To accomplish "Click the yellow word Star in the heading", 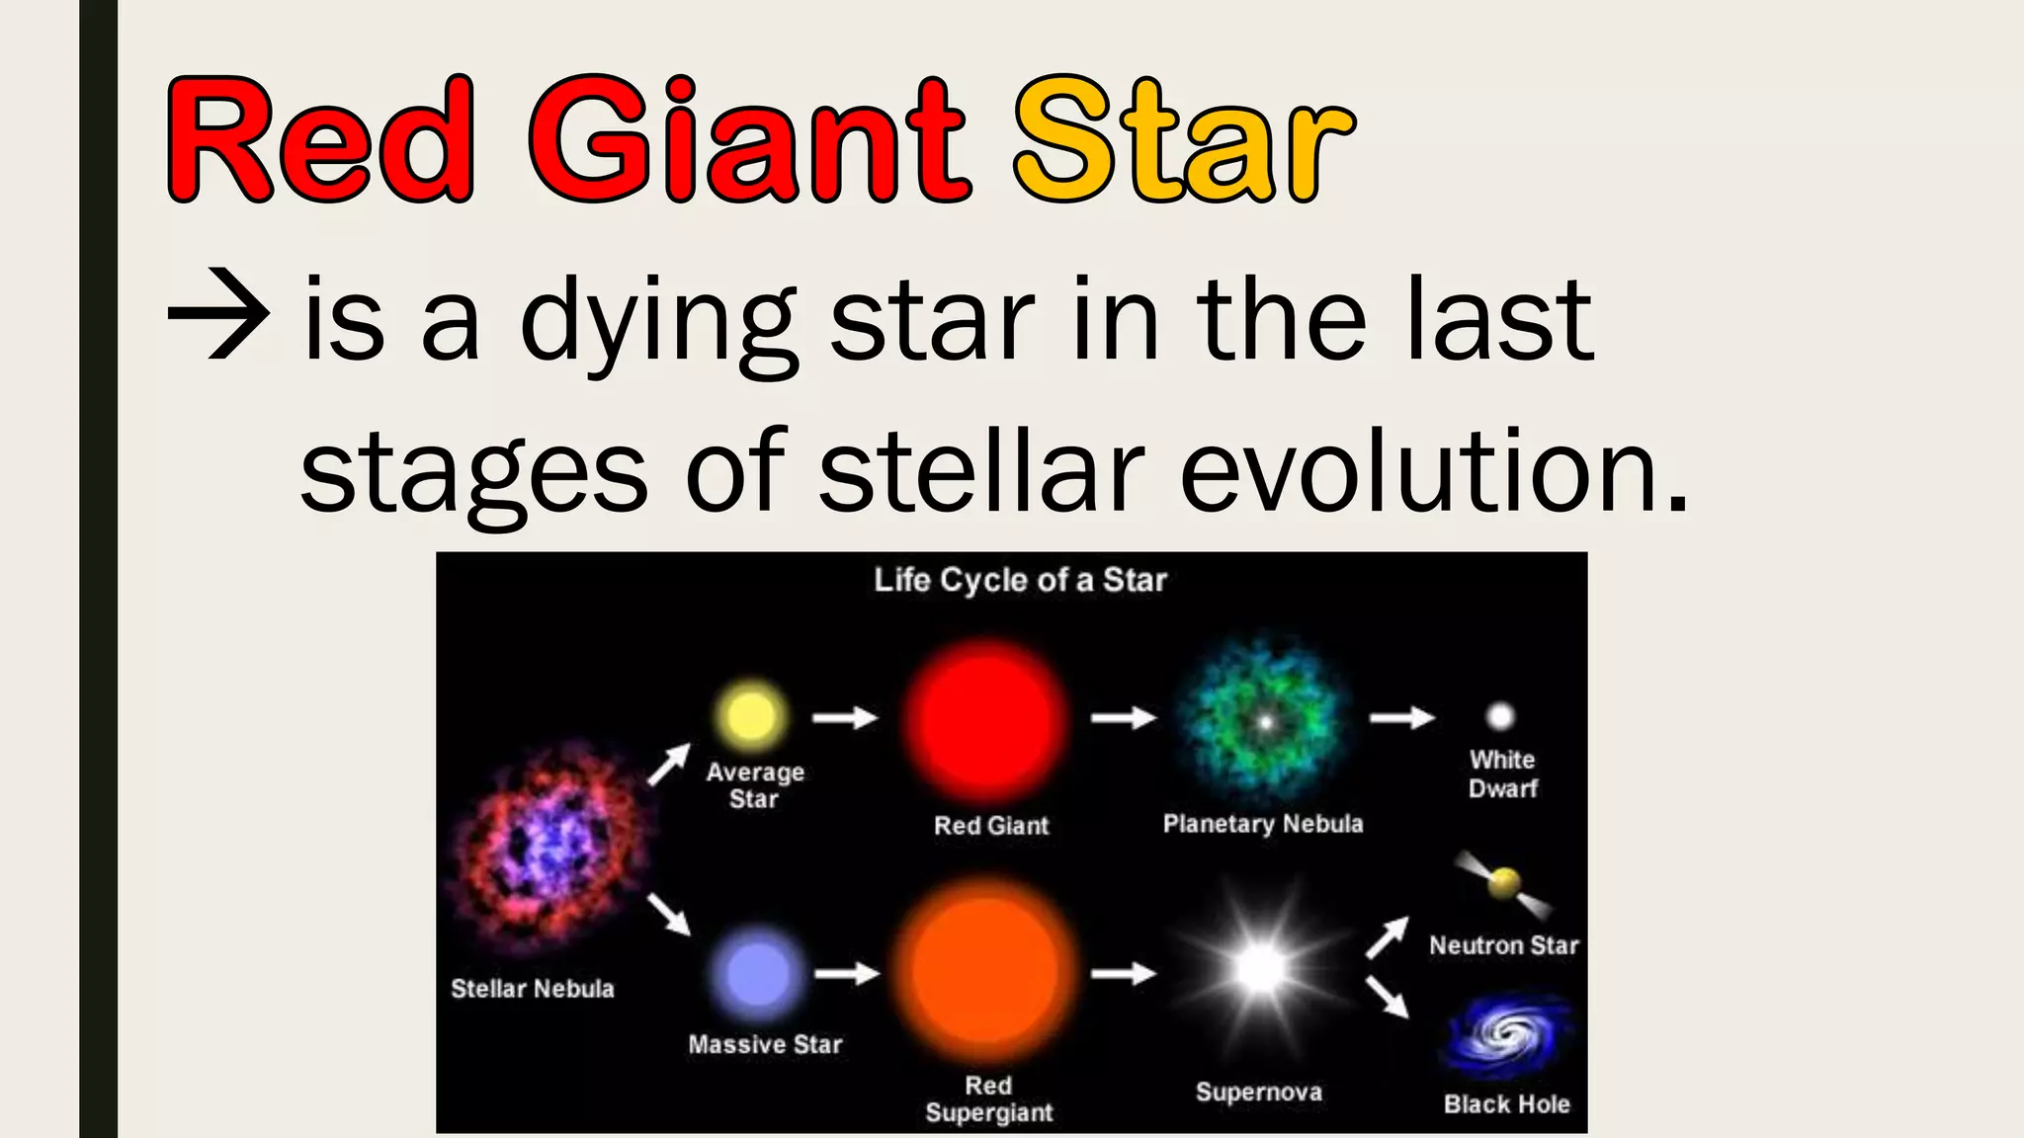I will (1184, 140).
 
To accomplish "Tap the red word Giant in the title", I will (748, 140).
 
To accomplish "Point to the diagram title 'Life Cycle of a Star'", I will (1020, 580).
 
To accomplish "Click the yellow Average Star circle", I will (750, 715).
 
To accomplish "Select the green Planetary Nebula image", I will (1264, 721).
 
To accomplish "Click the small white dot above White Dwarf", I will (1500, 715).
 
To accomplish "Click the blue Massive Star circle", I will (757, 973).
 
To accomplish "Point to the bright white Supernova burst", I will (1260, 969).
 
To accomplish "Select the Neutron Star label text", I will (1503, 945).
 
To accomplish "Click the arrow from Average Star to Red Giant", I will (845, 717).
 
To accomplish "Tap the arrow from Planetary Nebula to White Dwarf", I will (1401, 717).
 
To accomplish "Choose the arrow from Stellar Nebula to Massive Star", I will (669, 914).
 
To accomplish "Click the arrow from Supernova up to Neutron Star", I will (1388, 936).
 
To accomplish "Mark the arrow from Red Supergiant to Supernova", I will (1124, 974).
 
